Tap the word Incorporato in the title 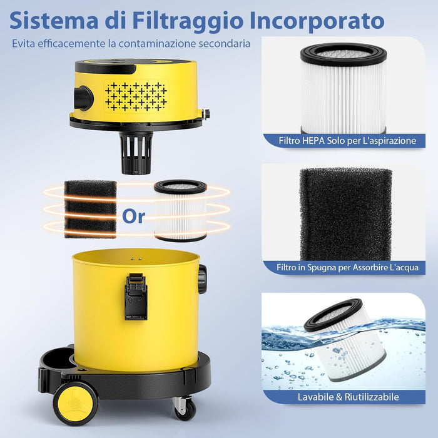(x=323, y=20)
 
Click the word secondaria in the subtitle (x=222, y=44)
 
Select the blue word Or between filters (x=133, y=216)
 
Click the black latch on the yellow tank (x=135, y=296)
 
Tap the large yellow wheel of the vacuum (x=75, y=403)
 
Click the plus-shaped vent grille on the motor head (x=135, y=94)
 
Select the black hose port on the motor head (x=83, y=98)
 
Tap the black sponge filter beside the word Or (x=91, y=209)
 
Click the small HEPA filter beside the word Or (x=180, y=210)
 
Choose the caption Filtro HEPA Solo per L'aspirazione (x=347, y=141)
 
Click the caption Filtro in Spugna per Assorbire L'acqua (x=347, y=267)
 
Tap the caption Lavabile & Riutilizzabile (x=347, y=397)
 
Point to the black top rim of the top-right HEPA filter (x=344, y=53)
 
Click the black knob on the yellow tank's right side (x=202, y=279)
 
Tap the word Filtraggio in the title (x=196, y=21)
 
